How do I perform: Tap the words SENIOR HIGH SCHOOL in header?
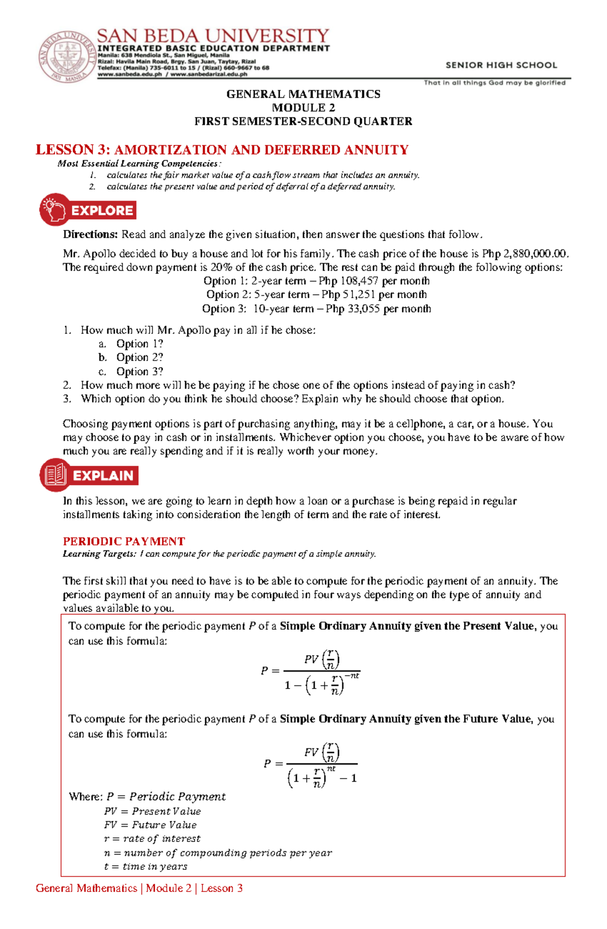pyautogui.click(x=501, y=65)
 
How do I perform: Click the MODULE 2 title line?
pyautogui.click(x=303, y=107)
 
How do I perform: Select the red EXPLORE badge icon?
pyautogui.click(x=88, y=210)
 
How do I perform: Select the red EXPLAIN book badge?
pyautogui.click(x=89, y=475)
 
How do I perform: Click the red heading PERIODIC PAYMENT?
pyautogui.click(x=124, y=541)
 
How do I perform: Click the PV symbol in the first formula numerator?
pyautogui.click(x=311, y=659)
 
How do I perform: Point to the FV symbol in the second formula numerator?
pyautogui.click(x=311, y=752)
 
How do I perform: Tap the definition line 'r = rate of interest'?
pyautogui.click(x=152, y=839)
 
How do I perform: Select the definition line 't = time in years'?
pyautogui.click(x=146, y=867)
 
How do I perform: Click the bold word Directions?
pyautogui.click(x=90, y=234)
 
